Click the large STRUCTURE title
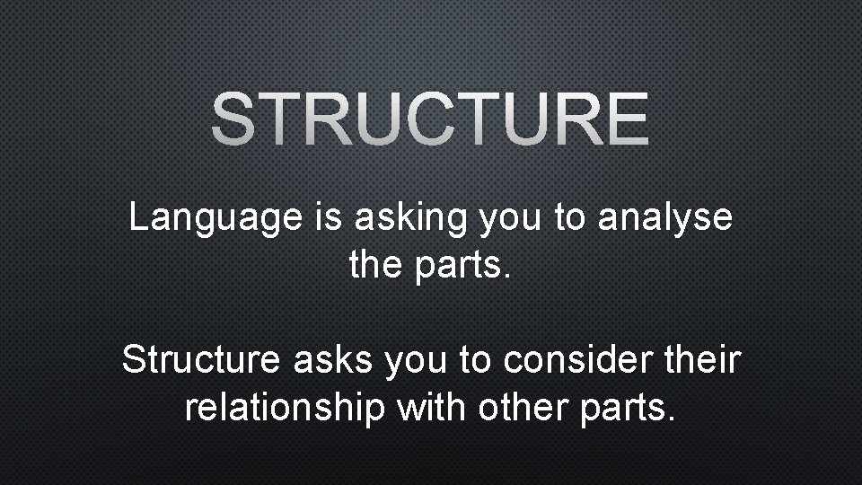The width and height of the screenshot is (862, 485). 430,120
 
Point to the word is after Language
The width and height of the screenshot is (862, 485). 330,217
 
